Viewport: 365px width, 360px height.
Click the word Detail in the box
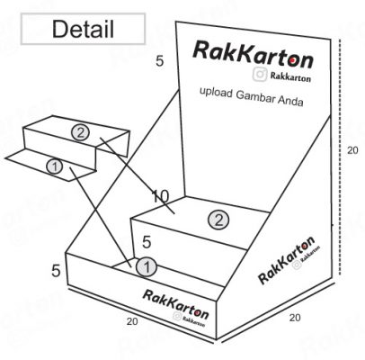83,30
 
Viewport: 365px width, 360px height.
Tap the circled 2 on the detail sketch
80,132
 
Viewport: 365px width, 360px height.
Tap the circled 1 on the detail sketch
54,166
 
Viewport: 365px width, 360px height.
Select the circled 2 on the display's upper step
218,220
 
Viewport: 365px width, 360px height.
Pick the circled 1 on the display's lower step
147,267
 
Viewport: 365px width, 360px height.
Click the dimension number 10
161,197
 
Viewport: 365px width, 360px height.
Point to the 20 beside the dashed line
352,150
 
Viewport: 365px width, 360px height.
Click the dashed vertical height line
340,157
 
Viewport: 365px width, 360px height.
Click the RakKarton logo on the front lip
175,304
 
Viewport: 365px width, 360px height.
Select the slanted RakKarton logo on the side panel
286,260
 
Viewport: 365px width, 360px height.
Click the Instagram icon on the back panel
260,74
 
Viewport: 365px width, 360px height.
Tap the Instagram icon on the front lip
177,316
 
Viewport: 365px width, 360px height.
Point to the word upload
216,93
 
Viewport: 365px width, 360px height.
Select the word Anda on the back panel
290,101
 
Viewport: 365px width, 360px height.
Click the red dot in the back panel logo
292,61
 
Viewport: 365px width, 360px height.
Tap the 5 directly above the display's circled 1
147,242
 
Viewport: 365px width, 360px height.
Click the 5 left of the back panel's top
160,61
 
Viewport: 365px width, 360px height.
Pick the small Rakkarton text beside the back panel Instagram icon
290,76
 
